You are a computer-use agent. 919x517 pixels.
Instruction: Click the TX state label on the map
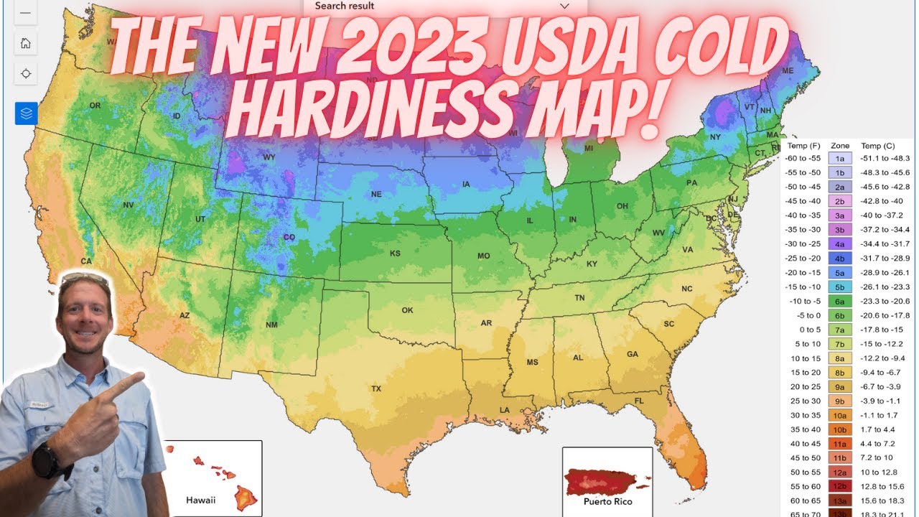click(375, 388)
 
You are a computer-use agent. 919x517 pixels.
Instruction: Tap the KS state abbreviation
click(395, 253)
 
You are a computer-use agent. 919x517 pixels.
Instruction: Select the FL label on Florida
click(638, 401)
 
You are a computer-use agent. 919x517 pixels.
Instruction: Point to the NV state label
click(129, 205)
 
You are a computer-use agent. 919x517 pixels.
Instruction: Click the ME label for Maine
click(788, 70)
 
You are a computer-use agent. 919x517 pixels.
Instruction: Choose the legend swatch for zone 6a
click(839, 301)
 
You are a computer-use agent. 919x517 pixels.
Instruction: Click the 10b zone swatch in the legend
click(839, 429)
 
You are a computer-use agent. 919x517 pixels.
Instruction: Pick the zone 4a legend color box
click(839, 244)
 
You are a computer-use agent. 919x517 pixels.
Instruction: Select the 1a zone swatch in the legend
click(839, 159)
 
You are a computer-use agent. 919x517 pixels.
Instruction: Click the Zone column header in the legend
click(839, 145)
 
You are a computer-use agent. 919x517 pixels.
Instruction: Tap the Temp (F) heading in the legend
click(803, 145)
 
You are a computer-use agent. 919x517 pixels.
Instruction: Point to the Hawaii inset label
click(200, 500)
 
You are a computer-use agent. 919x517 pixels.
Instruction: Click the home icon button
click(26, 43)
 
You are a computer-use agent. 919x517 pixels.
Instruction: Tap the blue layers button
click(26, 113)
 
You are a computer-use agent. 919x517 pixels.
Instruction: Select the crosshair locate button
click(26, 73)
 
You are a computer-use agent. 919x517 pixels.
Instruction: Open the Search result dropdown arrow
click(564, 6)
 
